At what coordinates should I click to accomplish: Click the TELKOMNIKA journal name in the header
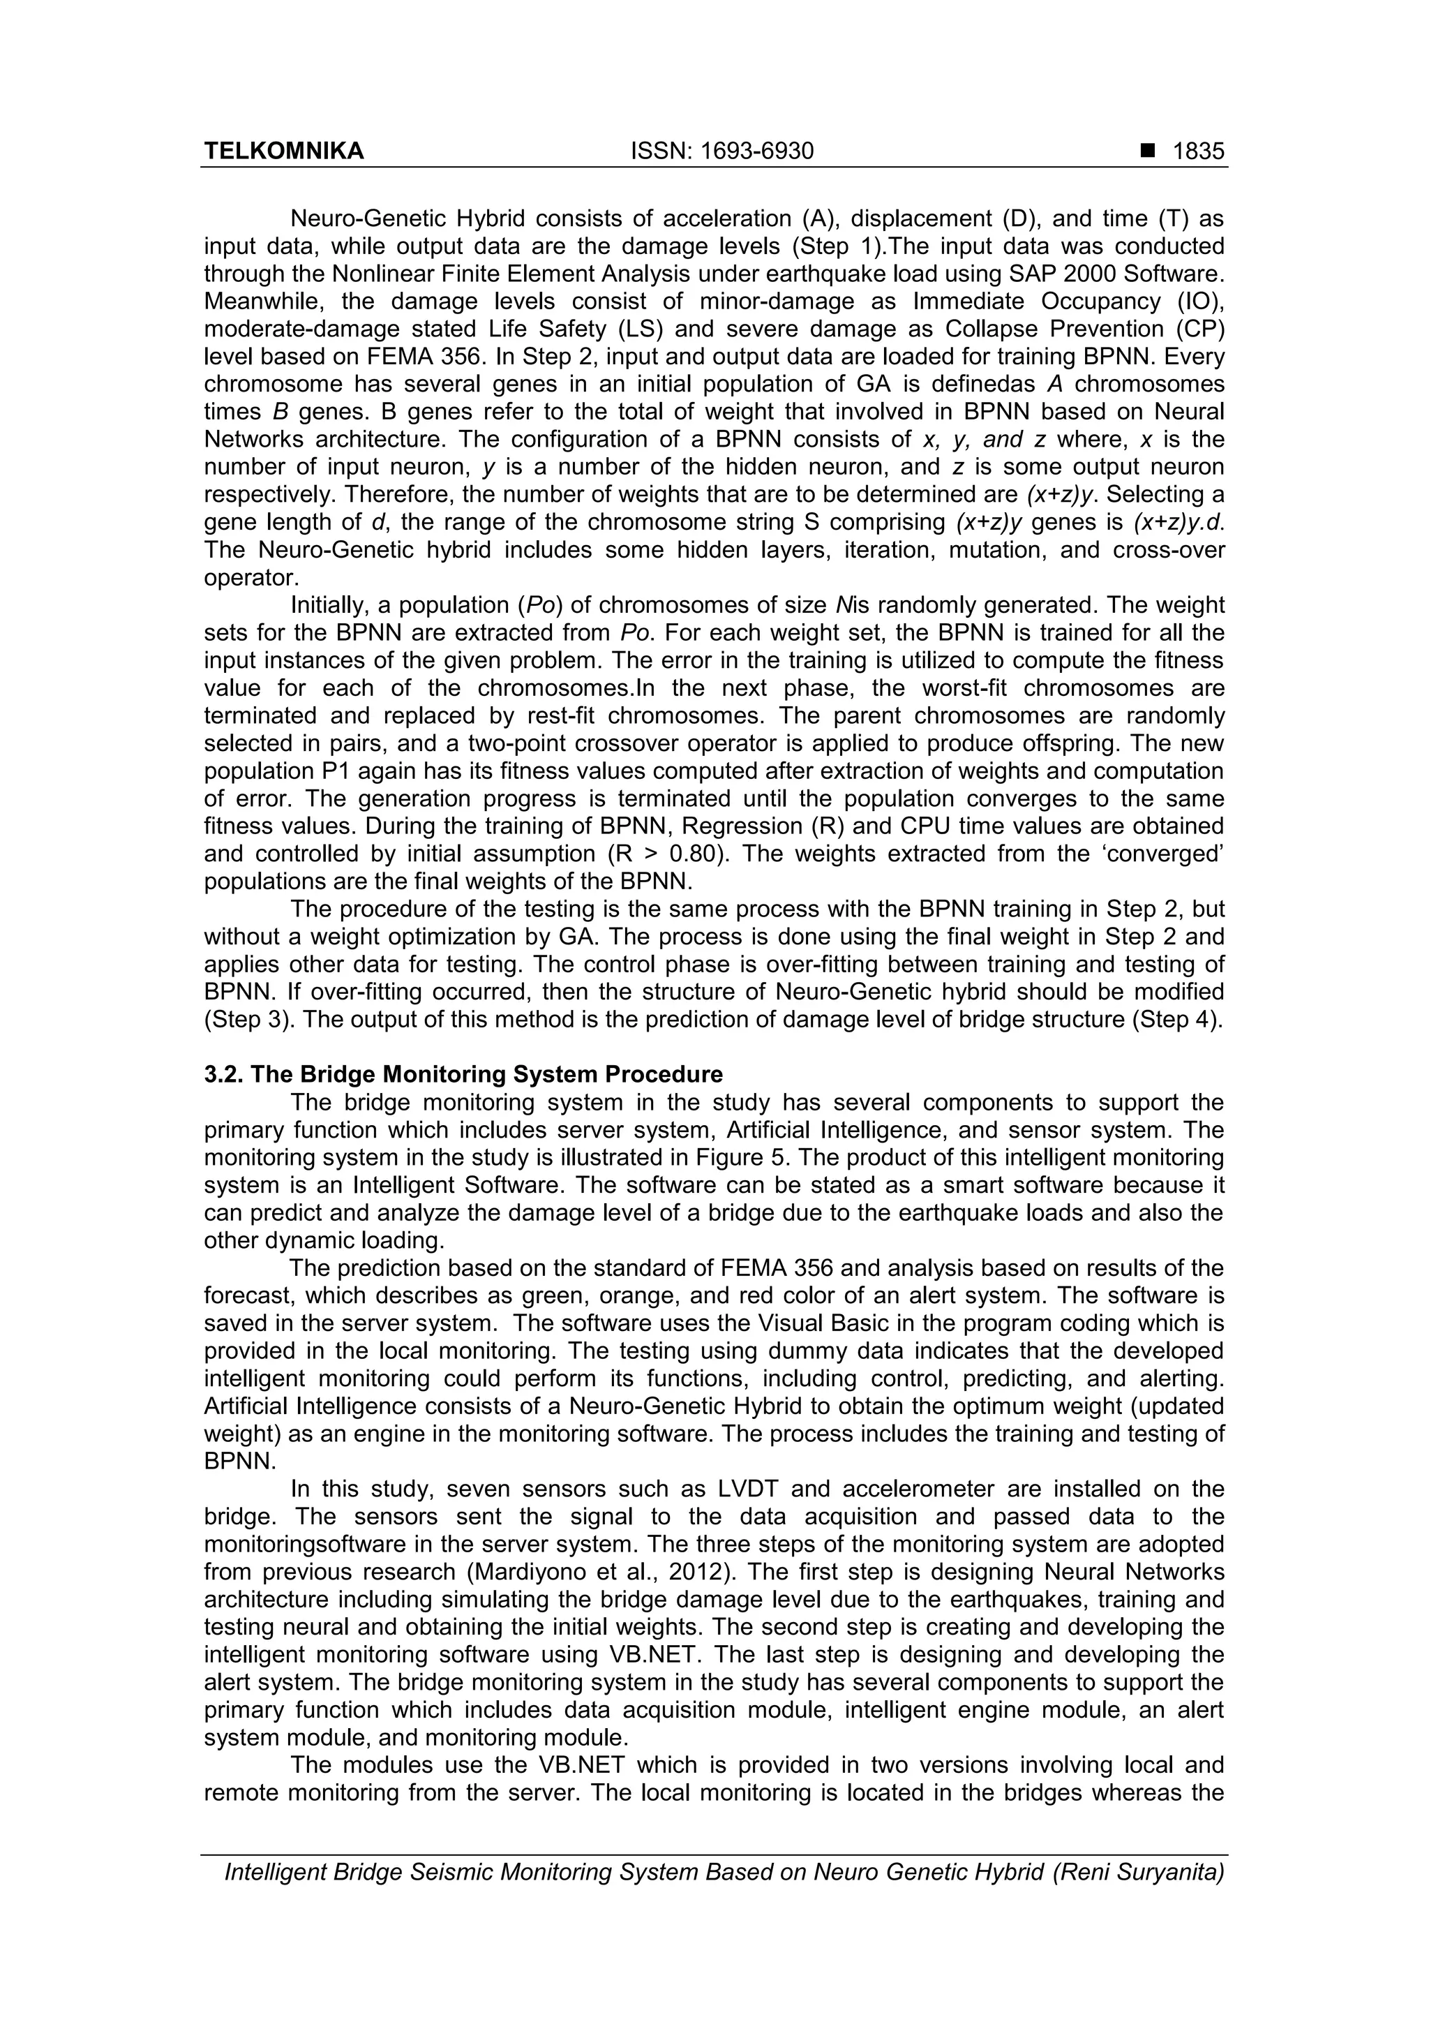(x=283, y=151)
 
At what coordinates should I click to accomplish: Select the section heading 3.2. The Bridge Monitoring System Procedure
(x=463, y=1074)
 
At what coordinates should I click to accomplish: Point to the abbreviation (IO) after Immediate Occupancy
(x=1200, y=302)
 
